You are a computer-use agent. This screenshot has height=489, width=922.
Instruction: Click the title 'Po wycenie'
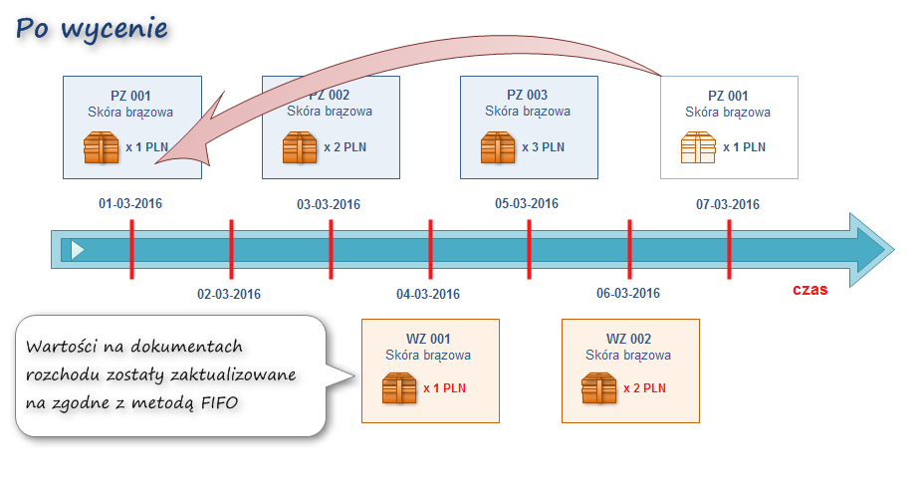92,29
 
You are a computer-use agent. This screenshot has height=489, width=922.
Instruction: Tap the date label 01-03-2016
129,204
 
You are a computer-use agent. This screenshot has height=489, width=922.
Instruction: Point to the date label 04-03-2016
428,294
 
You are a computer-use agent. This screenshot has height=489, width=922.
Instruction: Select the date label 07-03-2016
728,205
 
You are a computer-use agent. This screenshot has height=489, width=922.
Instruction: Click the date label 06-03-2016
628,294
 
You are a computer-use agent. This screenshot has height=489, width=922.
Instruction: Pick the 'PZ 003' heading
528,96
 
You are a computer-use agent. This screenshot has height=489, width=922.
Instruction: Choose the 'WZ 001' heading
428,339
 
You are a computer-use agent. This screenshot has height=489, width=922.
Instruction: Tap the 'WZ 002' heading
628,339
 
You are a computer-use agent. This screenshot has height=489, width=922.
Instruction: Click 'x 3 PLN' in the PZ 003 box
544,147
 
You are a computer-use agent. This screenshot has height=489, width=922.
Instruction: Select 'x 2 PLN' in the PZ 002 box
345,147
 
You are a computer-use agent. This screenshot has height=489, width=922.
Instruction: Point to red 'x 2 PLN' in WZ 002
644,388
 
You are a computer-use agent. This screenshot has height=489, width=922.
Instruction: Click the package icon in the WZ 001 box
398,387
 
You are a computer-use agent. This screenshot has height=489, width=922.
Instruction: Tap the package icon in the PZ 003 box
498,147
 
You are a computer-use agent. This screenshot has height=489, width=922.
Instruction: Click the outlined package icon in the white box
698,147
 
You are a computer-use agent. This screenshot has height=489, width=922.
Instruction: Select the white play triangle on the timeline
78,250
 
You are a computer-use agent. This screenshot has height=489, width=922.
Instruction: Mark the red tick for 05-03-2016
529,249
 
